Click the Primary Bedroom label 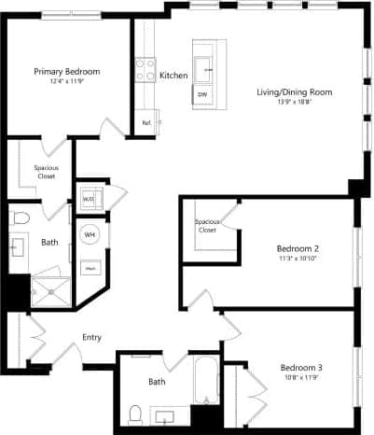[x=67, y=71]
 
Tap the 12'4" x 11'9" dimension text [x=67, y=81]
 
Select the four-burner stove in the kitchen [x=145, y=69]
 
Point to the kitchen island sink [x=206, y=65]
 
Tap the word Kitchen [x=174, y=75]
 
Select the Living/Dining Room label [x=295, y=91]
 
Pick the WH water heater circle [x=90, y=235]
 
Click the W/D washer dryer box [x=89, y=199]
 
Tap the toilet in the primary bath [x=20, y=217]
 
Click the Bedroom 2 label [x=298, y=248]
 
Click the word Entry [x=92, y=337]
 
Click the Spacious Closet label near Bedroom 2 [x=207, y=225]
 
